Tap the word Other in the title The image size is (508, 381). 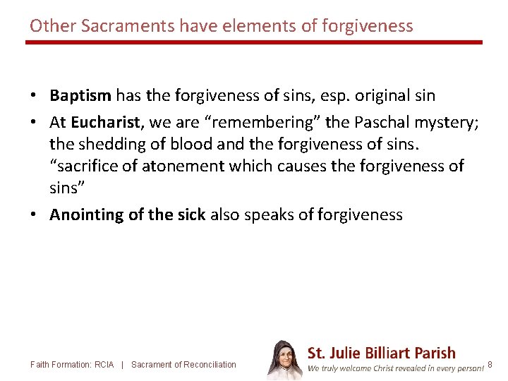point(53,26)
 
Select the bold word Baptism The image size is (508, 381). point(80,95)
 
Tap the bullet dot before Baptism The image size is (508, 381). point(35,95)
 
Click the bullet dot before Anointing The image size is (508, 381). point(35,215)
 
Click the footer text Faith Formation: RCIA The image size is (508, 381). point(72,365)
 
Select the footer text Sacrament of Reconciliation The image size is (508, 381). point(183,365)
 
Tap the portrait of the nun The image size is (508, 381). point(284,360)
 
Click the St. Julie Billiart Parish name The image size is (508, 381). point(382,353)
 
